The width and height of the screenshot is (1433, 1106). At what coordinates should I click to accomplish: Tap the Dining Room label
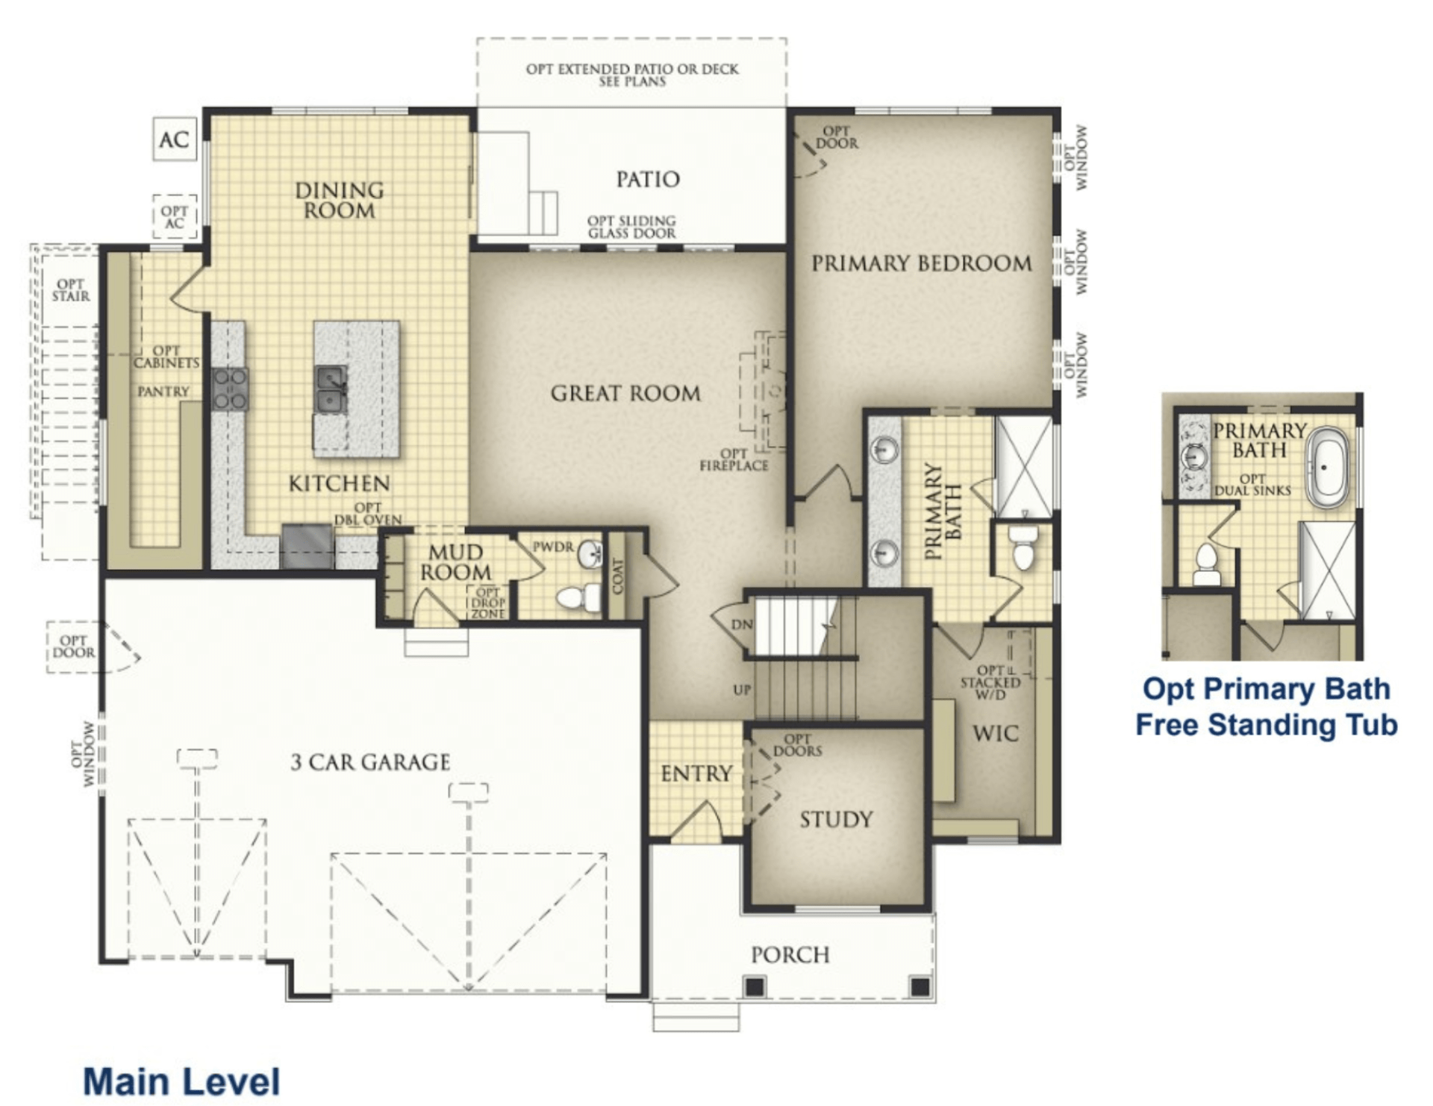pos(339,200)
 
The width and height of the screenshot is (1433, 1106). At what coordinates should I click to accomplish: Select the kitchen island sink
pos(330,389)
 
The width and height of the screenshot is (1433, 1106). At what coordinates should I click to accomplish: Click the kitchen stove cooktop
pos(230,389)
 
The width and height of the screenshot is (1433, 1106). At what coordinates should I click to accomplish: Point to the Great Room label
pos(625,393)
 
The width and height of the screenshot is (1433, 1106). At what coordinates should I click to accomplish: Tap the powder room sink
pos(590,553)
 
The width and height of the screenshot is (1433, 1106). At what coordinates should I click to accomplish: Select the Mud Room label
pos(455,562)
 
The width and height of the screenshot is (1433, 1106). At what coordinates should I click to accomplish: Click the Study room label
pos(836,820)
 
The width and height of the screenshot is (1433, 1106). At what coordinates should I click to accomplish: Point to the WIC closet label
pos(995,733)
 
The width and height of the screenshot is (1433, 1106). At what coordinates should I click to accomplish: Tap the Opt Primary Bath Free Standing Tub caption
pos(1267,706)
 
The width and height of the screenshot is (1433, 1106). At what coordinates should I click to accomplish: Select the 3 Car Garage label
pos(370,762)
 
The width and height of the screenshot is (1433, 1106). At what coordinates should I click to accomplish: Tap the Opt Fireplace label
pos(734,459)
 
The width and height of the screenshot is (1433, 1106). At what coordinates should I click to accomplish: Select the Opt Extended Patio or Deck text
pos(632,75)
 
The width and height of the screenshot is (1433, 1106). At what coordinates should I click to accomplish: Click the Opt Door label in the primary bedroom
pos(837,137)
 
